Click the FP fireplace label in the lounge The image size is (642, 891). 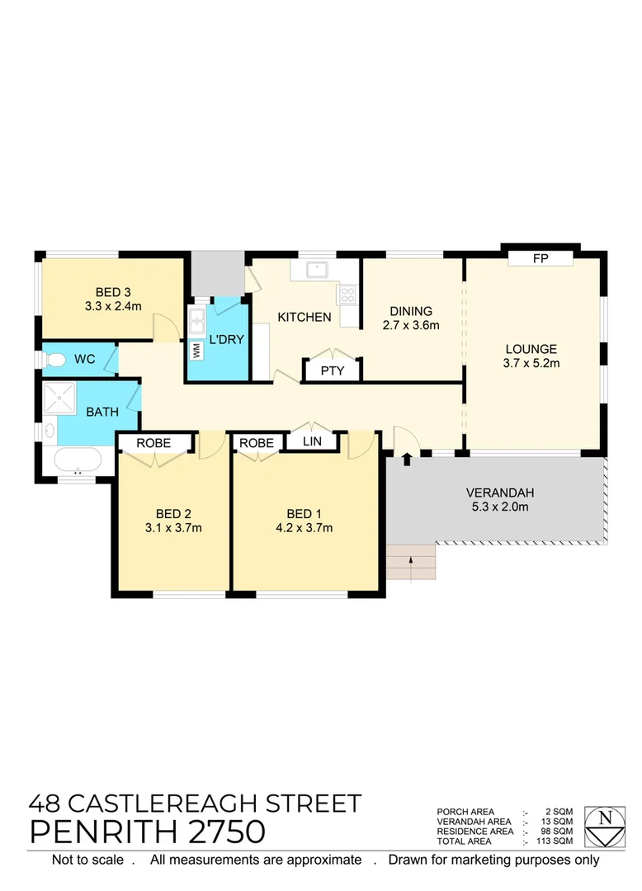(541, 259)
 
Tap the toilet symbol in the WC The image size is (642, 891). (54, 360)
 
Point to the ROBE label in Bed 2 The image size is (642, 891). (153, 443)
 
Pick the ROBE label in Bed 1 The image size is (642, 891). (257, 443)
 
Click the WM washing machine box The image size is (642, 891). (196, 350)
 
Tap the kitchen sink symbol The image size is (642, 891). (314, 269)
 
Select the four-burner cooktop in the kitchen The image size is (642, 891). (348, 293)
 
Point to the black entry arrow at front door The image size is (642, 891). (407, 459)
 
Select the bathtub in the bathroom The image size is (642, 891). (78, 460)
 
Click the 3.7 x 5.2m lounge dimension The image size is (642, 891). (531, 363)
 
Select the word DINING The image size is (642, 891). (411, 311)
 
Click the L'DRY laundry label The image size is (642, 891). (227, 339)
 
